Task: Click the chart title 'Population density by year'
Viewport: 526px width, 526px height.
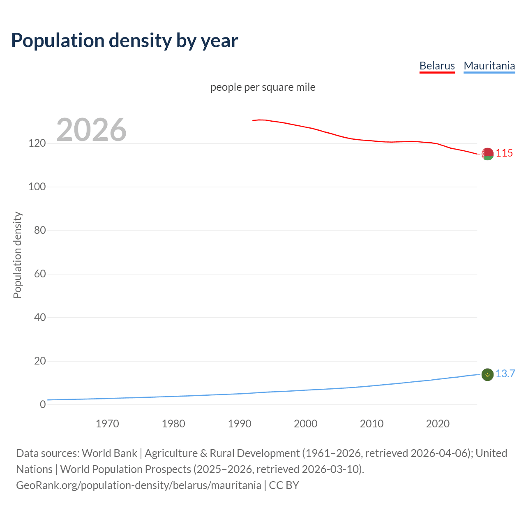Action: (x=125, y=41)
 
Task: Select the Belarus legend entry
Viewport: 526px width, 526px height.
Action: (x=437, y=66)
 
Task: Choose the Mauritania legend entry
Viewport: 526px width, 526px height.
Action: (x=489, y=66)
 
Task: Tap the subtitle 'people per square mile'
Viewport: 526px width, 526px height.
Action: (x=263, y=88)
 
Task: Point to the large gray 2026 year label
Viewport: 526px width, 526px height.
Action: (x=91, y=130)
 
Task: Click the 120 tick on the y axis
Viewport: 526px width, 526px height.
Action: (x=37, y=143)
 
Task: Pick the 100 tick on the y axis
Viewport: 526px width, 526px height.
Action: (x=37, y=187)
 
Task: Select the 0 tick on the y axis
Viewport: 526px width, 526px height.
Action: (x=43, y=405)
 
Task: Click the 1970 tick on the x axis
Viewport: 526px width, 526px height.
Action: (x=107, y=424)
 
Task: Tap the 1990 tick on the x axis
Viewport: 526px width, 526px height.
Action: (x=240, y=424)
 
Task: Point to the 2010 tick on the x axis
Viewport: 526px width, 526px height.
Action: (x=371, y=424)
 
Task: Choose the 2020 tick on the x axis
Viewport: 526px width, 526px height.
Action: (x=438, y=424)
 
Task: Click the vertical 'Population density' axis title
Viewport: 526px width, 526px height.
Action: (x=17, y=255)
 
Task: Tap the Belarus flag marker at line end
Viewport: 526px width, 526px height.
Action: (x=487, y=154)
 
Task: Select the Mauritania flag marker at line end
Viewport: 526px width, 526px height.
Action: (x=487, y=374)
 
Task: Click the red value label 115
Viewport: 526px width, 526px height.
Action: (x=504, y=153)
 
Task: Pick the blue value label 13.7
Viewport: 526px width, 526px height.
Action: (x=505, y=374)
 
